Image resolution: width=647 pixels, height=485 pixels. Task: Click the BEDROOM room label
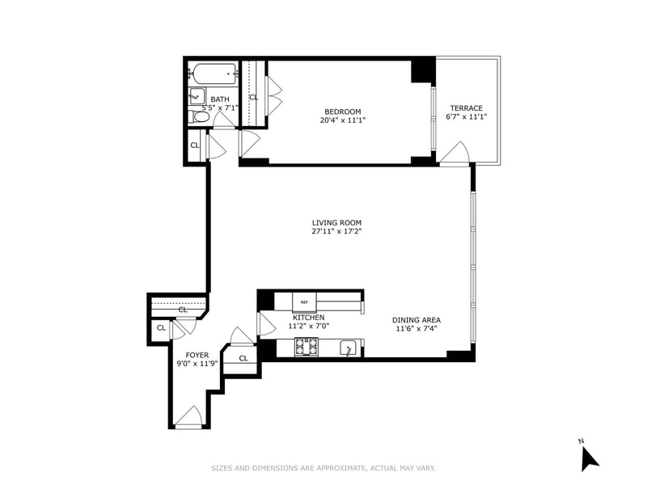[342, 112]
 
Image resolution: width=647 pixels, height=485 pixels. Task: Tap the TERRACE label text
[466, 108]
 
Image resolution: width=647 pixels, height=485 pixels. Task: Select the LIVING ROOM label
[336, 222]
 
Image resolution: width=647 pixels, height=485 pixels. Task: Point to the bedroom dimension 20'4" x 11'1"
[342, 120]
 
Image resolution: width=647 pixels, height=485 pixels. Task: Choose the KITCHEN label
[308, 318]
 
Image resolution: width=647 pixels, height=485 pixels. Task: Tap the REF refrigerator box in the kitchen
[305, 301]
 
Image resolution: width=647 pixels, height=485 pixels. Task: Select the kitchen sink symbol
[349, 348]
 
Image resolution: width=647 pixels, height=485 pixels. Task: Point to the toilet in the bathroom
[201, 118]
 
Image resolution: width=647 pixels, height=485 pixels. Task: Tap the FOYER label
[197, 355]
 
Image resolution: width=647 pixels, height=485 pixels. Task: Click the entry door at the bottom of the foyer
[188, 418]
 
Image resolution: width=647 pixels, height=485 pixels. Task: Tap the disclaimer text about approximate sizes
[323, 467]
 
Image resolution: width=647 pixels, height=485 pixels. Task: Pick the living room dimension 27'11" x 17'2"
[336, 231]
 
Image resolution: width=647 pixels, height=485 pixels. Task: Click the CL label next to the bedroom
[253, 98]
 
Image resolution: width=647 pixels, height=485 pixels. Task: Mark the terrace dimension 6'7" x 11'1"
[466, 117]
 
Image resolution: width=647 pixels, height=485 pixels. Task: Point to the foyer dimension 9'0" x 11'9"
[197, 364]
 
